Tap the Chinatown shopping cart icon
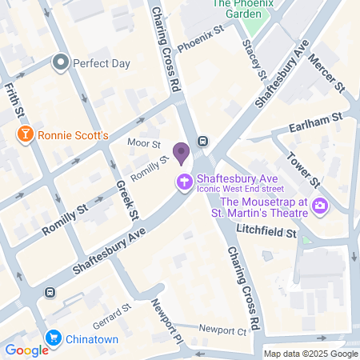(x=54, y=338)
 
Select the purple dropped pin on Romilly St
(x=182, y=152)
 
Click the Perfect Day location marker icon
(x=60, y=62)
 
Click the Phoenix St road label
(x=200, y=40)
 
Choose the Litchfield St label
(x=266, y=232)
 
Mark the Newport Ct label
(x=223, y=330)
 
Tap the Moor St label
(x=145, y=145)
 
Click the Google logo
(x=27, y=350)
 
